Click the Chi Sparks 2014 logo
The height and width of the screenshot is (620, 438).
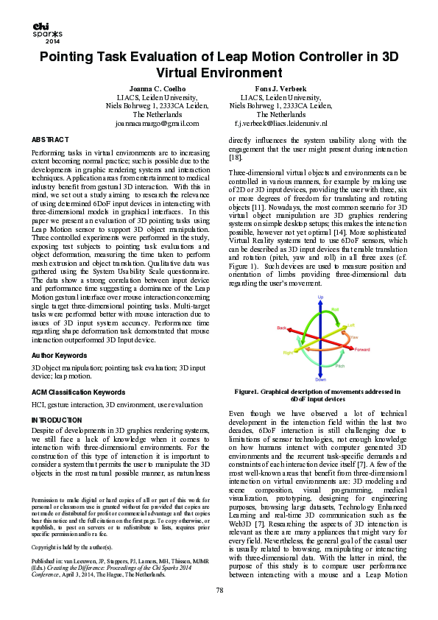tap(47, 31)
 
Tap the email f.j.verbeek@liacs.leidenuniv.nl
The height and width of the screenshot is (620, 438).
tap(280, 124)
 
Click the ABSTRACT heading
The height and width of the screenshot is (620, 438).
tap(51, 139)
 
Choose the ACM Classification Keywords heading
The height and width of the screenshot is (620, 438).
tap(78, 392)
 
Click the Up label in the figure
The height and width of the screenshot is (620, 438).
tap(320, 297)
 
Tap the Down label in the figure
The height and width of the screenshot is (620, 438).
tap(321, 379)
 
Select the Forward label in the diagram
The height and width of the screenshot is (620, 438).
tap(362, 349)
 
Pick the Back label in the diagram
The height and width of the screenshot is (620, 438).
tap(281, 328)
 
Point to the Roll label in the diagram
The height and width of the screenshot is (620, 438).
tap(336, 309)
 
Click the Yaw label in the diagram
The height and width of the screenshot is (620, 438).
tap(354, 336)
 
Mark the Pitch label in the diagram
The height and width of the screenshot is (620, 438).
tap(340, 365)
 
